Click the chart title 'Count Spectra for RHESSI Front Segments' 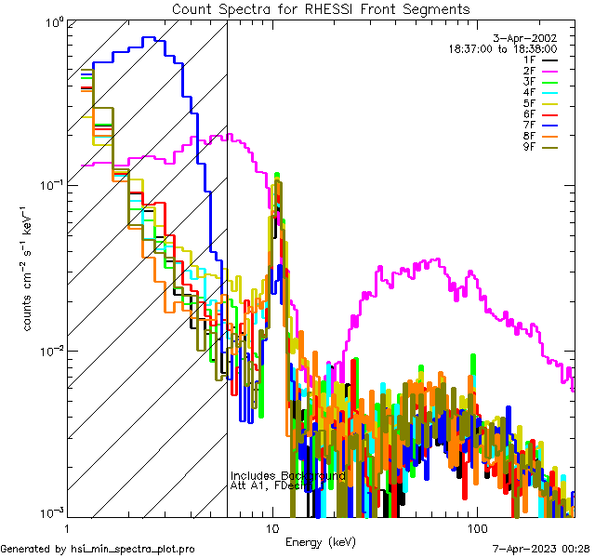[321, 8]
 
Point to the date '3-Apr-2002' [530, 38]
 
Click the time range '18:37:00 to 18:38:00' [503, 48]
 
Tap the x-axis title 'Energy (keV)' [320, 541]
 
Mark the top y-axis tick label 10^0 [50, 20]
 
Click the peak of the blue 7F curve [147, 38]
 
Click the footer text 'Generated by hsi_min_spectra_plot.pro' [98, 549]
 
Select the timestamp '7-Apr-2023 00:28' [540, 549]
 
